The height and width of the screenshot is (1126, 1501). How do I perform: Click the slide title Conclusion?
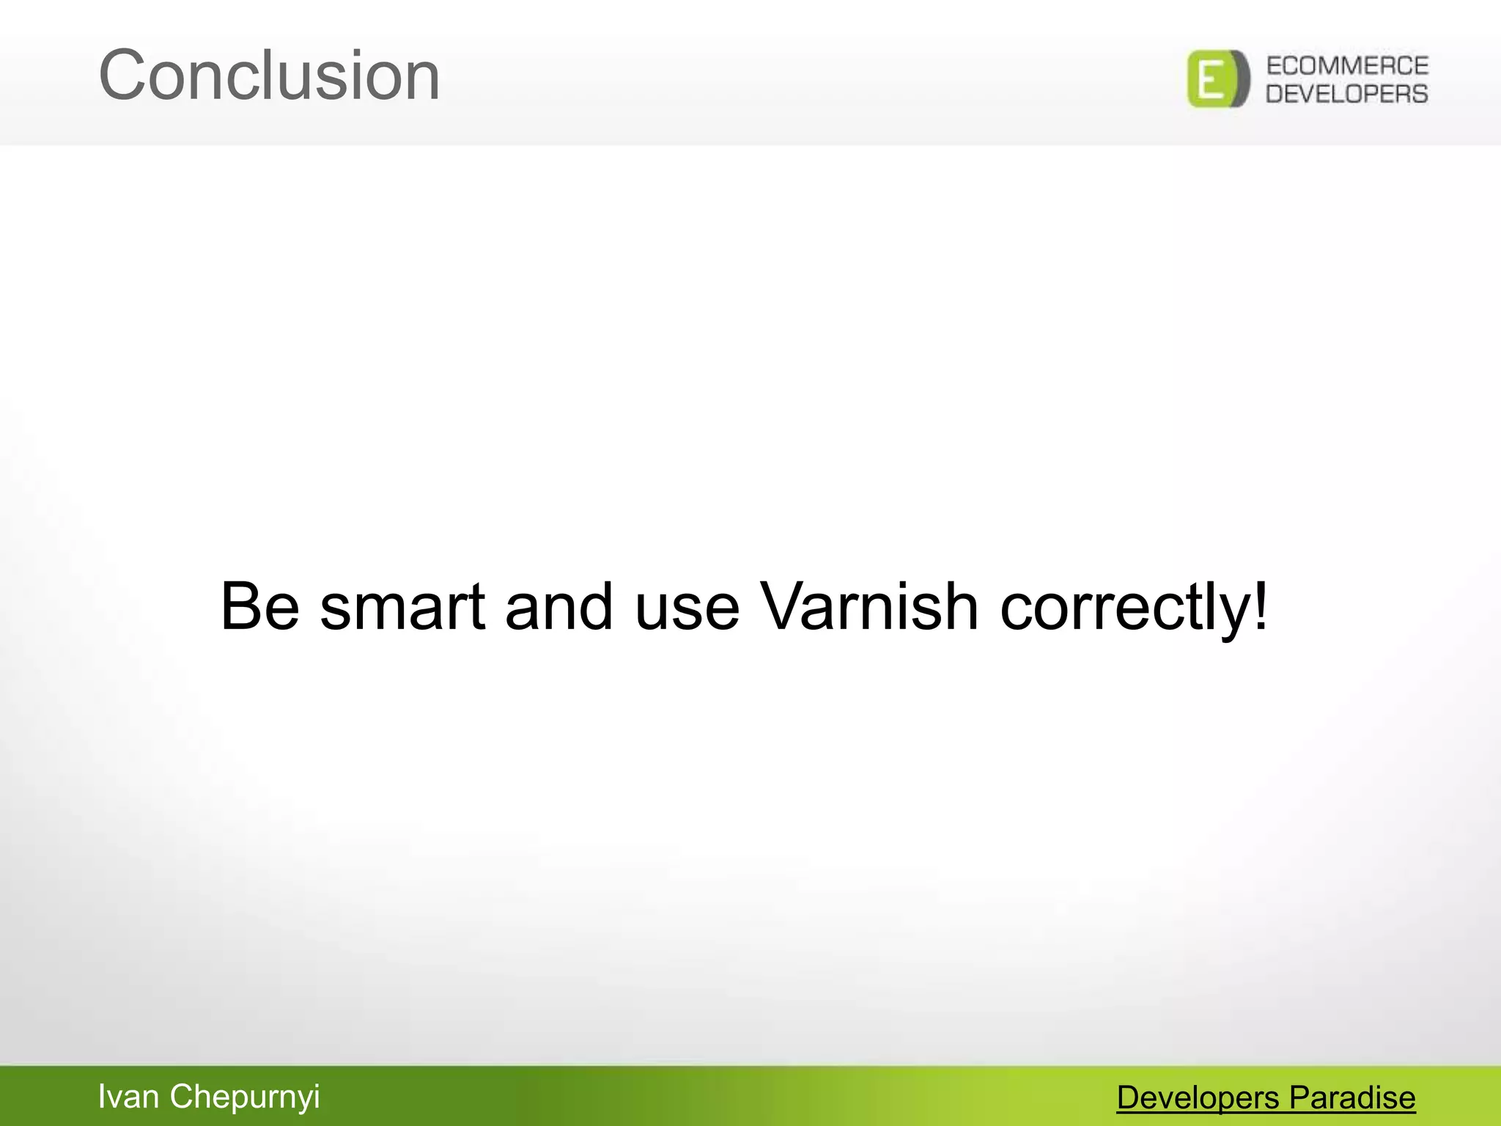point(269,76)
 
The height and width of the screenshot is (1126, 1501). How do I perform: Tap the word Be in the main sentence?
point(259,606)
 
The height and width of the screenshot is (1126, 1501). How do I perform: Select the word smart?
point(402,606)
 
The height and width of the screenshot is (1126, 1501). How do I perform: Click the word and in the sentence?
point(558,606)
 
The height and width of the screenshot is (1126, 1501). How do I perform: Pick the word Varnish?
point(869,606)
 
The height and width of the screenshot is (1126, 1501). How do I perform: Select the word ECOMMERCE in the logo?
point(1347,66)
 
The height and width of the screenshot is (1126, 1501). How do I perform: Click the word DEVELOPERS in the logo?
point(1347,94)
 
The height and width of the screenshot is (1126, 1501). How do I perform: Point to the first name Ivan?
point(128,1097)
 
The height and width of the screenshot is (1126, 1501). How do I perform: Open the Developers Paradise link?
point(1266,1098)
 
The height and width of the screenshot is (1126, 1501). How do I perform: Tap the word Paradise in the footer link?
point(1352,1098)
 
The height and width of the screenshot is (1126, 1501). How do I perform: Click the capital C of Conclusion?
point(124,76)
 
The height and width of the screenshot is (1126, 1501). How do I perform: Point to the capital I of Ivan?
point(102,1097)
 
